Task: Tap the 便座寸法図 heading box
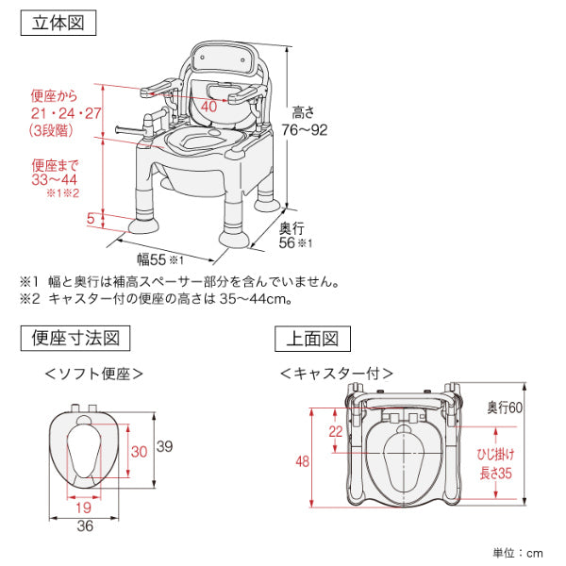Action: [74, 337]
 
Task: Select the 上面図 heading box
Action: [312, 337]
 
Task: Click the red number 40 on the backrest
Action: [209, 107]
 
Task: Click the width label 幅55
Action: [153, 258]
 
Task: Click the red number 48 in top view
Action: [302, 462]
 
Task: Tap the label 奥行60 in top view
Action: [505, 408]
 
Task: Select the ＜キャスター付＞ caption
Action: [337, 374]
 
